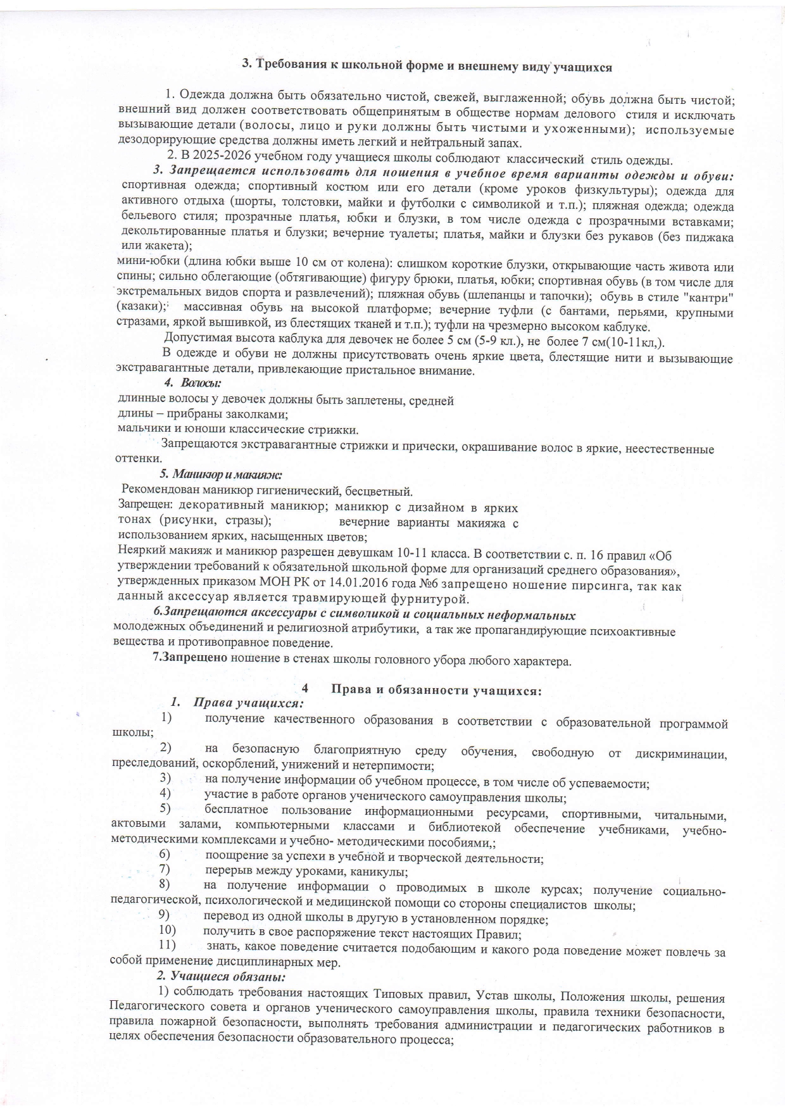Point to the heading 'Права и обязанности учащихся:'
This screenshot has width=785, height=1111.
(x=437, y=691)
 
